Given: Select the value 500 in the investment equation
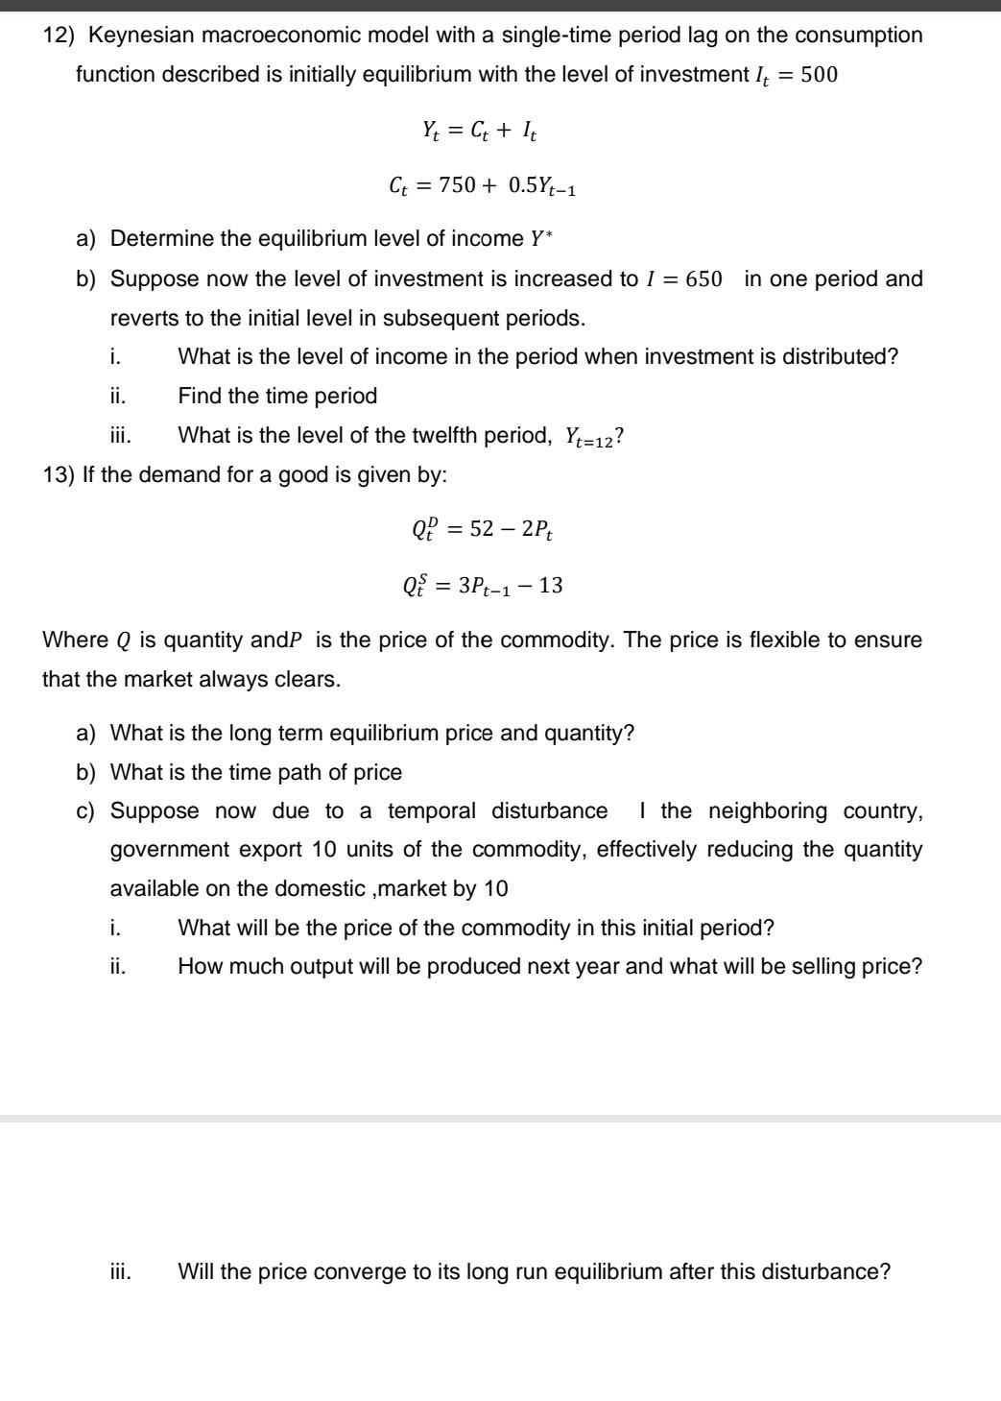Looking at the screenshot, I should point(819,75).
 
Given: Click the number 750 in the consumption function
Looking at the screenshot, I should point(457,186).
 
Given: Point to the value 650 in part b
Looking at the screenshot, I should point(703,279).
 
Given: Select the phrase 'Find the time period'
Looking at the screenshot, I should point(277,396).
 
